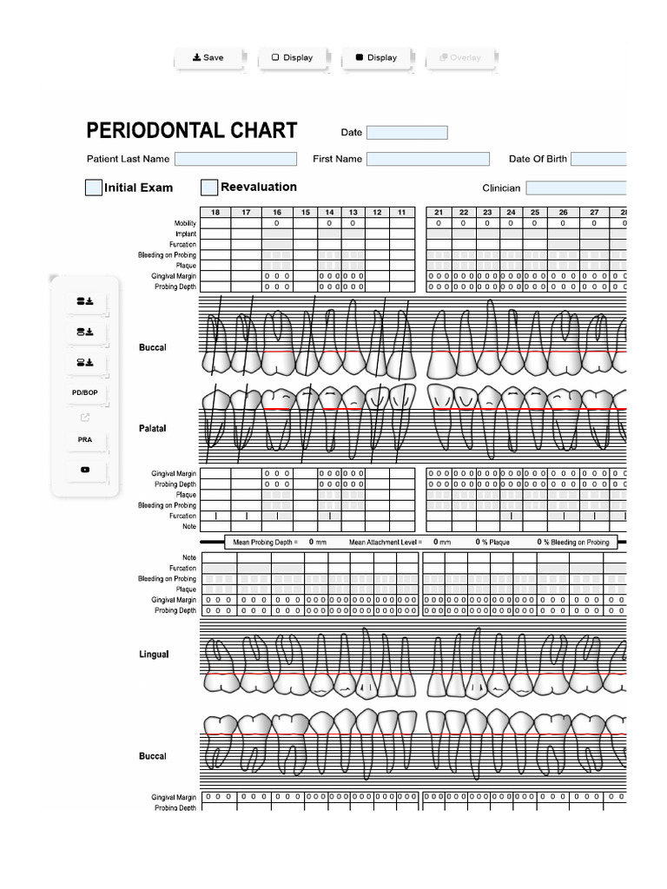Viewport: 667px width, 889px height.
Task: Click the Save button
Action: [208, 58]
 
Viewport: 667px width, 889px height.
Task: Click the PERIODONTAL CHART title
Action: [192, 131]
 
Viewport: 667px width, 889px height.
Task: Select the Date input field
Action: [406, 133]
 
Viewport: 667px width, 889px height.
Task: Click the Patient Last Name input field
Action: [235, 159]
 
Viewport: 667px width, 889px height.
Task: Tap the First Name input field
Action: [427, 159]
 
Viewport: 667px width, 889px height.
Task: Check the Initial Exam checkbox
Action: [94, 188]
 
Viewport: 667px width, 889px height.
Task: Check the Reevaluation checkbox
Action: [209, 188]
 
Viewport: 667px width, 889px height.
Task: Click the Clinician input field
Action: [575, 188]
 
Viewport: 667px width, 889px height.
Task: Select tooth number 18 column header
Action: [215, 213]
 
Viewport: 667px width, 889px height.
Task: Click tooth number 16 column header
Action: [277, 213]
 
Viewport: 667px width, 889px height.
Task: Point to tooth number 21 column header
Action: [439, 213]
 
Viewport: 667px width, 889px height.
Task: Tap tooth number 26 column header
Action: [563, 213]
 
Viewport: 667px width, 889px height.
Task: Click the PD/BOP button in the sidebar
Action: [84, 393]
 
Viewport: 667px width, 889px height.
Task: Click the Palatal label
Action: [152, 429]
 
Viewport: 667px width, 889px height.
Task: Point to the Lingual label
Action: [154, 654]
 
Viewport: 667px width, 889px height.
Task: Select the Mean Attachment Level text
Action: [385, 542]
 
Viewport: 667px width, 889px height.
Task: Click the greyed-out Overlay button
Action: [460, 58]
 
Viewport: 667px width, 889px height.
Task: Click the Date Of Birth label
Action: [537, 159]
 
